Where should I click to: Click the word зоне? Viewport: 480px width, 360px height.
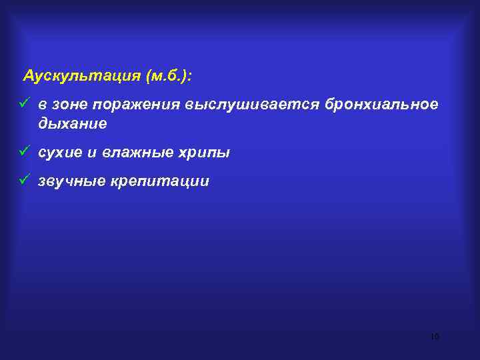[70, 105]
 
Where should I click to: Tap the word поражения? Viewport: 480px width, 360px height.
[137, 105]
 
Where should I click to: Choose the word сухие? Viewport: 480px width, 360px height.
[60, 153]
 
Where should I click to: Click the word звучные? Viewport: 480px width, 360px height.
[69, 181]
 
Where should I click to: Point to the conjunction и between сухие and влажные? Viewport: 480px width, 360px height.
[93, 153]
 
